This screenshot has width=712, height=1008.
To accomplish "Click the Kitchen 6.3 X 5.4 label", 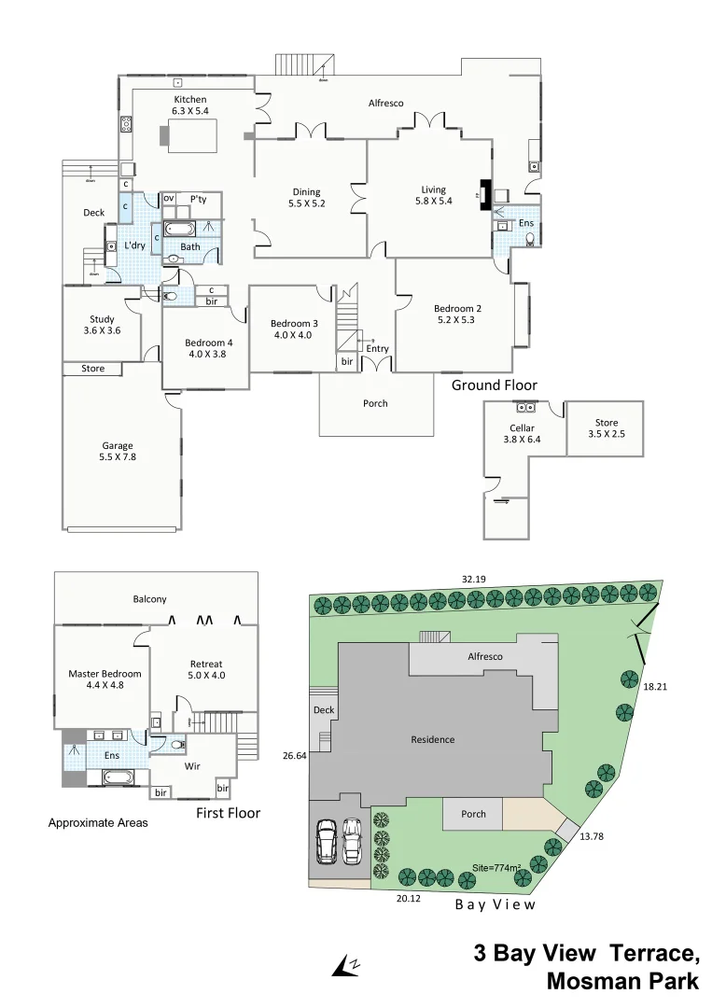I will pyautogui.click(x=189, y=105).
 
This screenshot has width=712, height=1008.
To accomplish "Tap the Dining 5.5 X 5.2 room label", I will pyautogui.click(x=306, y=198).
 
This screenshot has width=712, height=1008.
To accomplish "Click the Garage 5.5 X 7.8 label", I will pyautogui.click(x=118, y=451).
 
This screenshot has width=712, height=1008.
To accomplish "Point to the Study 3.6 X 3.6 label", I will pyautogui.click(x=102, y=325).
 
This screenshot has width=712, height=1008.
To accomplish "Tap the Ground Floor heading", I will pyautogui.click(x=494, y=385).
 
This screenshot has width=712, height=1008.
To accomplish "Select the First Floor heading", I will pyautogui.click(x=228, y=813).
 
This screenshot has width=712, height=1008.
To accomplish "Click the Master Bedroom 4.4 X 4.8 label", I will pyautogui.click(x=105, y=679).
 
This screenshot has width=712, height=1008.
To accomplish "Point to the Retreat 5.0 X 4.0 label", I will pyautogui.click(x=207, y=669).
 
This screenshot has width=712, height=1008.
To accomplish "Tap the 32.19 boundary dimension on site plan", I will pyautogui.click(x=474, y=580).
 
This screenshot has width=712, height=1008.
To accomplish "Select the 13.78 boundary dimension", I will pyautogui.click(x=592, y=836).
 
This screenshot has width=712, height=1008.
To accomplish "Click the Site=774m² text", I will pyautogui.click(x=496, y=867).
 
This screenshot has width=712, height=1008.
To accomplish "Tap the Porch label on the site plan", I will pyautogui.click(x=473, y=814).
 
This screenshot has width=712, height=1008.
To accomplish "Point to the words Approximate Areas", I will pyautogui.click(x=98, y=823).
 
